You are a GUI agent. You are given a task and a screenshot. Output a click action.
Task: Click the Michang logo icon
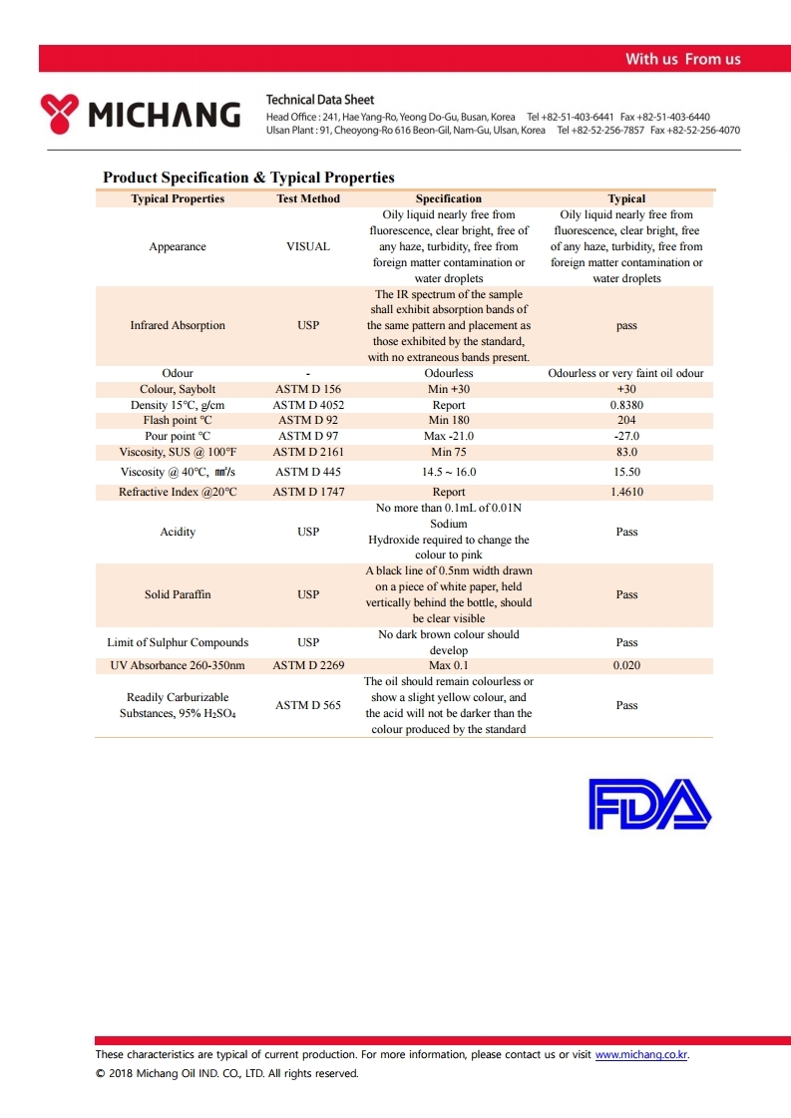click(59, 113)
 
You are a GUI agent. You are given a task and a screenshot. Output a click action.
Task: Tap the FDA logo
click(649, 804)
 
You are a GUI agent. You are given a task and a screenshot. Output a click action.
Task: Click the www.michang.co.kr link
click(641, 1054)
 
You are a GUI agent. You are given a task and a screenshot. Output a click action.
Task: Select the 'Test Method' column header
click(308, 198)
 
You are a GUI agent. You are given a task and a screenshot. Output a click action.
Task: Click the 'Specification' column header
click(449, 198)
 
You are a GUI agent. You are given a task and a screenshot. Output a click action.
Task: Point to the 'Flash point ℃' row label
click(178, 421)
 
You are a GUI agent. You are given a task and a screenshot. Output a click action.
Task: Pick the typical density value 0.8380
click(626, 406)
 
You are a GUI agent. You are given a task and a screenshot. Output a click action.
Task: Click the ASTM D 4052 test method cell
click(308, 406)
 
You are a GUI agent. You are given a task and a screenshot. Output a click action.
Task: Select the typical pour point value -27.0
click(626, 437)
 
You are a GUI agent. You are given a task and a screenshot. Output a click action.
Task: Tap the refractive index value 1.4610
click(626, 492)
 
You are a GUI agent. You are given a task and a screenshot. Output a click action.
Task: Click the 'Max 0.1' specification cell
click(449, 665)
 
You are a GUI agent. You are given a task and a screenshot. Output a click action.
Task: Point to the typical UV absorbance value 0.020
click(626, 665)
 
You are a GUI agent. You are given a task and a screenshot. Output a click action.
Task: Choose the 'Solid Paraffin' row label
click(178, 594)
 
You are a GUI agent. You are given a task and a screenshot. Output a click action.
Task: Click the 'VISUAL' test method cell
click(308, 246)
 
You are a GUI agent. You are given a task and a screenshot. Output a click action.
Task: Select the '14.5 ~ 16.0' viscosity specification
click(449, 472)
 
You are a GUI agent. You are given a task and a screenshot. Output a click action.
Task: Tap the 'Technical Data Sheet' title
click(320, 100)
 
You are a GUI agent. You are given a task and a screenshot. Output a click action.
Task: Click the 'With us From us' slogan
click(682, 59)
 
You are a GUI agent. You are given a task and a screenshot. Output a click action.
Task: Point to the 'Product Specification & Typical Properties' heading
click(248, 178)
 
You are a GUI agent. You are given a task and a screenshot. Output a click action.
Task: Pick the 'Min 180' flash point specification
click(449, 421)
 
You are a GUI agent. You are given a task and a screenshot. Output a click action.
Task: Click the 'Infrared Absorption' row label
click(178, 325)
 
